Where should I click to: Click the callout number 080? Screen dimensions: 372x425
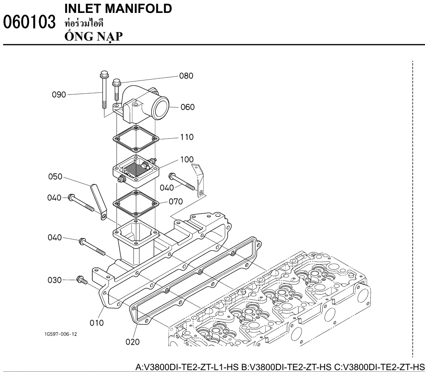pos(187,77)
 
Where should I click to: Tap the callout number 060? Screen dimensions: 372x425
pos(188,107)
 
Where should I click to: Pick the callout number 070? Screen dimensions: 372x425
pos(176,202)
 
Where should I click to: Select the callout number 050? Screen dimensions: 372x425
pos(55,177)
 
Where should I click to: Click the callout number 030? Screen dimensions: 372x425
pos(55,280)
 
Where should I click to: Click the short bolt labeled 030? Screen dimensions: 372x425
pos(81,280)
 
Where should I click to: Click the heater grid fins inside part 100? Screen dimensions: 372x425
pos(132,170)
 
